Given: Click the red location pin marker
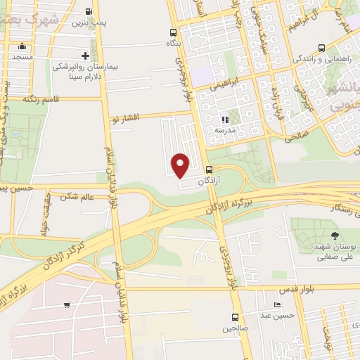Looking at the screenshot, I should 181,165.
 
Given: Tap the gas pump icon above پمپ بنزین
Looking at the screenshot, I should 88,12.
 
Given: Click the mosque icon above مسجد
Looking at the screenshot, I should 21,47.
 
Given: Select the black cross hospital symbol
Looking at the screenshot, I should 85,56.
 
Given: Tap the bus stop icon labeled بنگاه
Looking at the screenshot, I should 174,32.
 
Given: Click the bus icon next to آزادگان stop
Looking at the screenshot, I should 209,169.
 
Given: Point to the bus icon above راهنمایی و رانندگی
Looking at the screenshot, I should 321,49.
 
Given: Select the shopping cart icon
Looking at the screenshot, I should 67,305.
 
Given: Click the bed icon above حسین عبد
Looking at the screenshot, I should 278,305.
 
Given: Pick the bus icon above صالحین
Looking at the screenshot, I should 234,317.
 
